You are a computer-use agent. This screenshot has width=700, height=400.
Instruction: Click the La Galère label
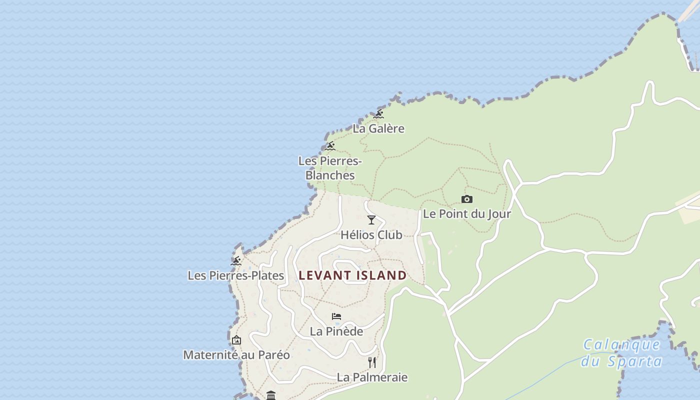click(x=378, y=128)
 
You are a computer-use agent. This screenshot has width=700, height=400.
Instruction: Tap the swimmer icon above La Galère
click(x=378, y=114)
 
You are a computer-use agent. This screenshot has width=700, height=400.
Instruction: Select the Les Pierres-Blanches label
click(x=330, y=168)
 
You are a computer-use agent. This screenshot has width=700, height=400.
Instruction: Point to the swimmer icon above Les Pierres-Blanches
click(x=329, y=146)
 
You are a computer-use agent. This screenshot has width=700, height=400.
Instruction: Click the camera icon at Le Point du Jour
click(x=466, y=199)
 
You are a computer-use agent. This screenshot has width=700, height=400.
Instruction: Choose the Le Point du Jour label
click(x=467, y=214)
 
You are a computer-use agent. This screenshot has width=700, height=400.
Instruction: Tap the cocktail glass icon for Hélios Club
click(x=371, y=220)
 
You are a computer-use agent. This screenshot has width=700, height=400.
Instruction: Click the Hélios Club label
click(x=371, y=235)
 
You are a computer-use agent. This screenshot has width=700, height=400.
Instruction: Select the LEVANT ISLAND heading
click(x=353, y=275)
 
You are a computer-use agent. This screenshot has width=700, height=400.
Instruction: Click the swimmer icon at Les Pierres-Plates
click(x=236, y=261)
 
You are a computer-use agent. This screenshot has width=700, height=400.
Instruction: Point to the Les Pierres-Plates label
click(x=236, y=275)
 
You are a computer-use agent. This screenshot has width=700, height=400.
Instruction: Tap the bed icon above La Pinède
click(x=336, y=316)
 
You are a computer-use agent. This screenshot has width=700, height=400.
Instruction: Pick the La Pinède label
click(x=336, y=331)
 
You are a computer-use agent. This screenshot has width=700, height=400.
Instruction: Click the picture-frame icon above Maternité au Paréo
click(x=236, y=340)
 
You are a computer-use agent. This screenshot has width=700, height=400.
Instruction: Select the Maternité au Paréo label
click(x=236, y=355)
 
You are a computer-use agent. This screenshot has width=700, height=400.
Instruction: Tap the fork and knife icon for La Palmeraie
click(x=372, y=362)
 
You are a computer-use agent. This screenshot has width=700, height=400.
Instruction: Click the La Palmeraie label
click(x=372, y=377)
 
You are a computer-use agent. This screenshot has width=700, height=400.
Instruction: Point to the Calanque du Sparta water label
click(x=621, y=353)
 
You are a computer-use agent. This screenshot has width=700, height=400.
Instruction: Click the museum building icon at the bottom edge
click(x=271, y=395)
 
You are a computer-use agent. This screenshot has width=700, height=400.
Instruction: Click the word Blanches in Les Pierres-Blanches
click(x=330, y=175)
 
